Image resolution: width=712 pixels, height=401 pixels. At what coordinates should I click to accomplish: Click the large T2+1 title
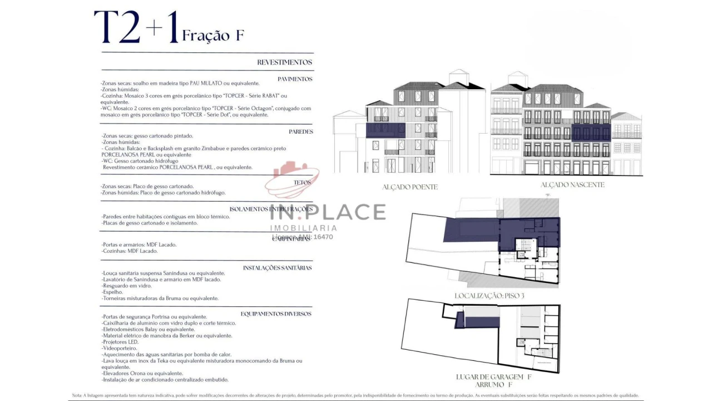click(136, 28)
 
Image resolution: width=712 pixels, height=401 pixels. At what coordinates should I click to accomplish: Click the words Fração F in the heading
click(213, 36)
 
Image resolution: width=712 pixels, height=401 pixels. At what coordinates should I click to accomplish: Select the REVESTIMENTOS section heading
click(284, 62)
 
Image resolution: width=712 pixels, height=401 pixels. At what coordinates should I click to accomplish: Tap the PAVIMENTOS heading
click(295, 79)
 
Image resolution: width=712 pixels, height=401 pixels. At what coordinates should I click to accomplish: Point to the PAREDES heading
click(300, 132)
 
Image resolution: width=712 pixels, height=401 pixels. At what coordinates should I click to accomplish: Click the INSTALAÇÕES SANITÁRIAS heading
click(277, 268)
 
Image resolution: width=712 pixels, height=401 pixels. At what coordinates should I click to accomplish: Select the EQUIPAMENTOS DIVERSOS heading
click(276, 314)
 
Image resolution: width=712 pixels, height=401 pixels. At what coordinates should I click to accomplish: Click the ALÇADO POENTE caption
click(409, 187)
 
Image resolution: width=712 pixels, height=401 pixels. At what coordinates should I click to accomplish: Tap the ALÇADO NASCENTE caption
click(572, 185)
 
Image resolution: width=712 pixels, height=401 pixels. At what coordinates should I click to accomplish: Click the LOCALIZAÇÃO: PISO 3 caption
click(489, 296)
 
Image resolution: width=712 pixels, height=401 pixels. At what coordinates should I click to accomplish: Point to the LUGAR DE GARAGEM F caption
click(490, 377)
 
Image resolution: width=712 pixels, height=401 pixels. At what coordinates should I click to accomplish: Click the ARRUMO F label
click(490, 385)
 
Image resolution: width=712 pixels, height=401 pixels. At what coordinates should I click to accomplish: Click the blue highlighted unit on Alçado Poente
click(385, 130)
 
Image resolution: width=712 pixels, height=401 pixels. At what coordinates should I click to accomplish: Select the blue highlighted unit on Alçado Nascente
click(591, 133)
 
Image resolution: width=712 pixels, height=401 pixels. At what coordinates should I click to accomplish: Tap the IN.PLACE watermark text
click(328, 212)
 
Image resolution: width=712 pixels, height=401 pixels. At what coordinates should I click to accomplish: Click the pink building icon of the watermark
click(291, 178)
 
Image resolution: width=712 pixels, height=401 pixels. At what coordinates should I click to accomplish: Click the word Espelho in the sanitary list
click(112, 292)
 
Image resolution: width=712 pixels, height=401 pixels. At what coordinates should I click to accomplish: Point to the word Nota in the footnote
click(77, 395)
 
